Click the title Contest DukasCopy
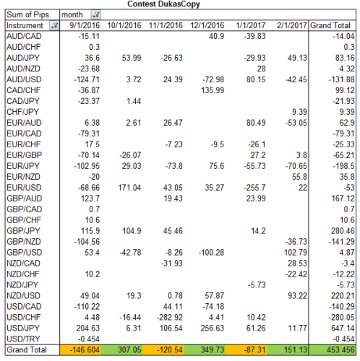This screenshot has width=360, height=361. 163,4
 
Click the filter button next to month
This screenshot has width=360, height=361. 96,15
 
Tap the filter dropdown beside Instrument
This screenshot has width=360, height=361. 54,25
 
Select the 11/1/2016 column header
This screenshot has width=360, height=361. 166,25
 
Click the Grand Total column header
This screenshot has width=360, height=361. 330,25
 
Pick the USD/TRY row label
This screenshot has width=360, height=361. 23,339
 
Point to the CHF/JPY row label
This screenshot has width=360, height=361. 22,112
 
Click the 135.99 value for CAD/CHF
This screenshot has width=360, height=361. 213,90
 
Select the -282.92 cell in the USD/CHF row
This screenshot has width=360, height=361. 170,317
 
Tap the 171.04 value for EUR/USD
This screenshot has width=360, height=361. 129,188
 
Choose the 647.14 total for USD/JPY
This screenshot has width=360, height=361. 343,328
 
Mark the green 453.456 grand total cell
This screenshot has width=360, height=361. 333,349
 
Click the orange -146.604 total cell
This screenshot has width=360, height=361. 80,349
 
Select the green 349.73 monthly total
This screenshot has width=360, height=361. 205,349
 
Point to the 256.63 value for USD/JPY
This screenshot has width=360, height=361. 213,328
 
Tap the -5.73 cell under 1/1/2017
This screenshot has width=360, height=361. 257,285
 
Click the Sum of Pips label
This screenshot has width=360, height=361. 27,14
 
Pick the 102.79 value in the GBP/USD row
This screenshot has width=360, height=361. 296,253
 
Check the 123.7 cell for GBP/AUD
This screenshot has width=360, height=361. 90,199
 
